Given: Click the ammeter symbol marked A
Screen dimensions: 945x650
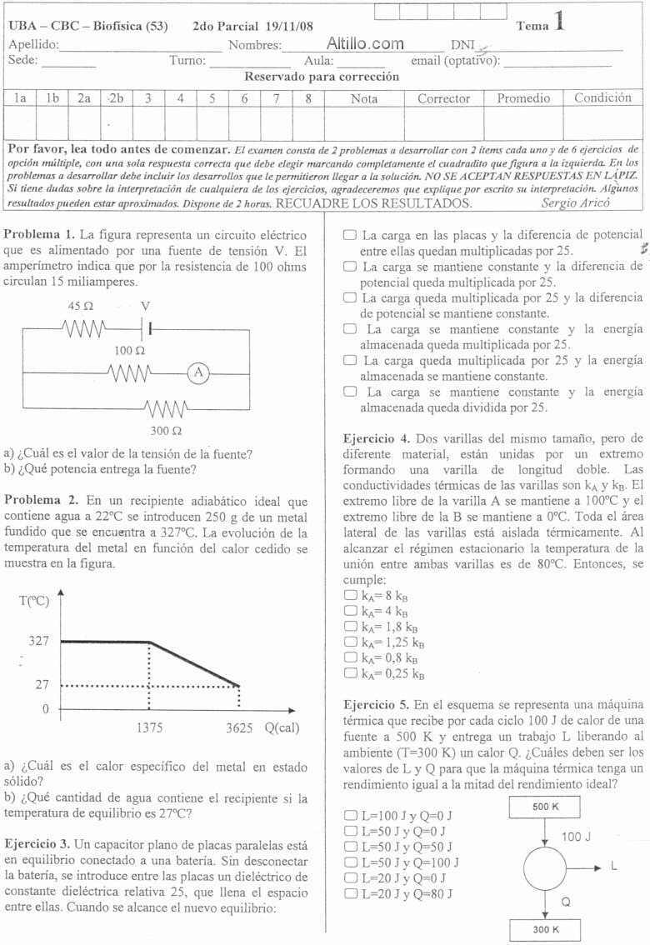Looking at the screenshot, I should point(198,372).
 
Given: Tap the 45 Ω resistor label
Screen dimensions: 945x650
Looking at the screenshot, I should point(81,306).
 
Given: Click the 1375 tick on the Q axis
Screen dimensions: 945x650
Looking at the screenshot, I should point(150,727).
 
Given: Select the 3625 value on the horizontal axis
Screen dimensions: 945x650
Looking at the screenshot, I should point(239,727).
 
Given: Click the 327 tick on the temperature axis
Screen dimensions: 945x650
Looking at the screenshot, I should point(39,642).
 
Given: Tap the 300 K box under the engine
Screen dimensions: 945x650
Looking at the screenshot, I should point(545,929).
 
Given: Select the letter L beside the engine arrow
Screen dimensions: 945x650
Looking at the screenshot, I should point(614,866).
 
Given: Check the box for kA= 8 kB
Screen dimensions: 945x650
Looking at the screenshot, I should point(349,572).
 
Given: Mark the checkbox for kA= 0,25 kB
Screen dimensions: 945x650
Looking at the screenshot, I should point(349,673).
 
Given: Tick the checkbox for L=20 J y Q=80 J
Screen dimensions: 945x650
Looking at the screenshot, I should point(349,893).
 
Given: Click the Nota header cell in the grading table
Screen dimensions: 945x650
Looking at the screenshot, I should point(364,98).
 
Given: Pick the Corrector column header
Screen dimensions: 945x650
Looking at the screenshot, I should point(443,98).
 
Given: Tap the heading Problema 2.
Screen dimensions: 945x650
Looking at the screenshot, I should point(41,500).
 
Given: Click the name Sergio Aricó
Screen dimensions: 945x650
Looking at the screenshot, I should point(574,202).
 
